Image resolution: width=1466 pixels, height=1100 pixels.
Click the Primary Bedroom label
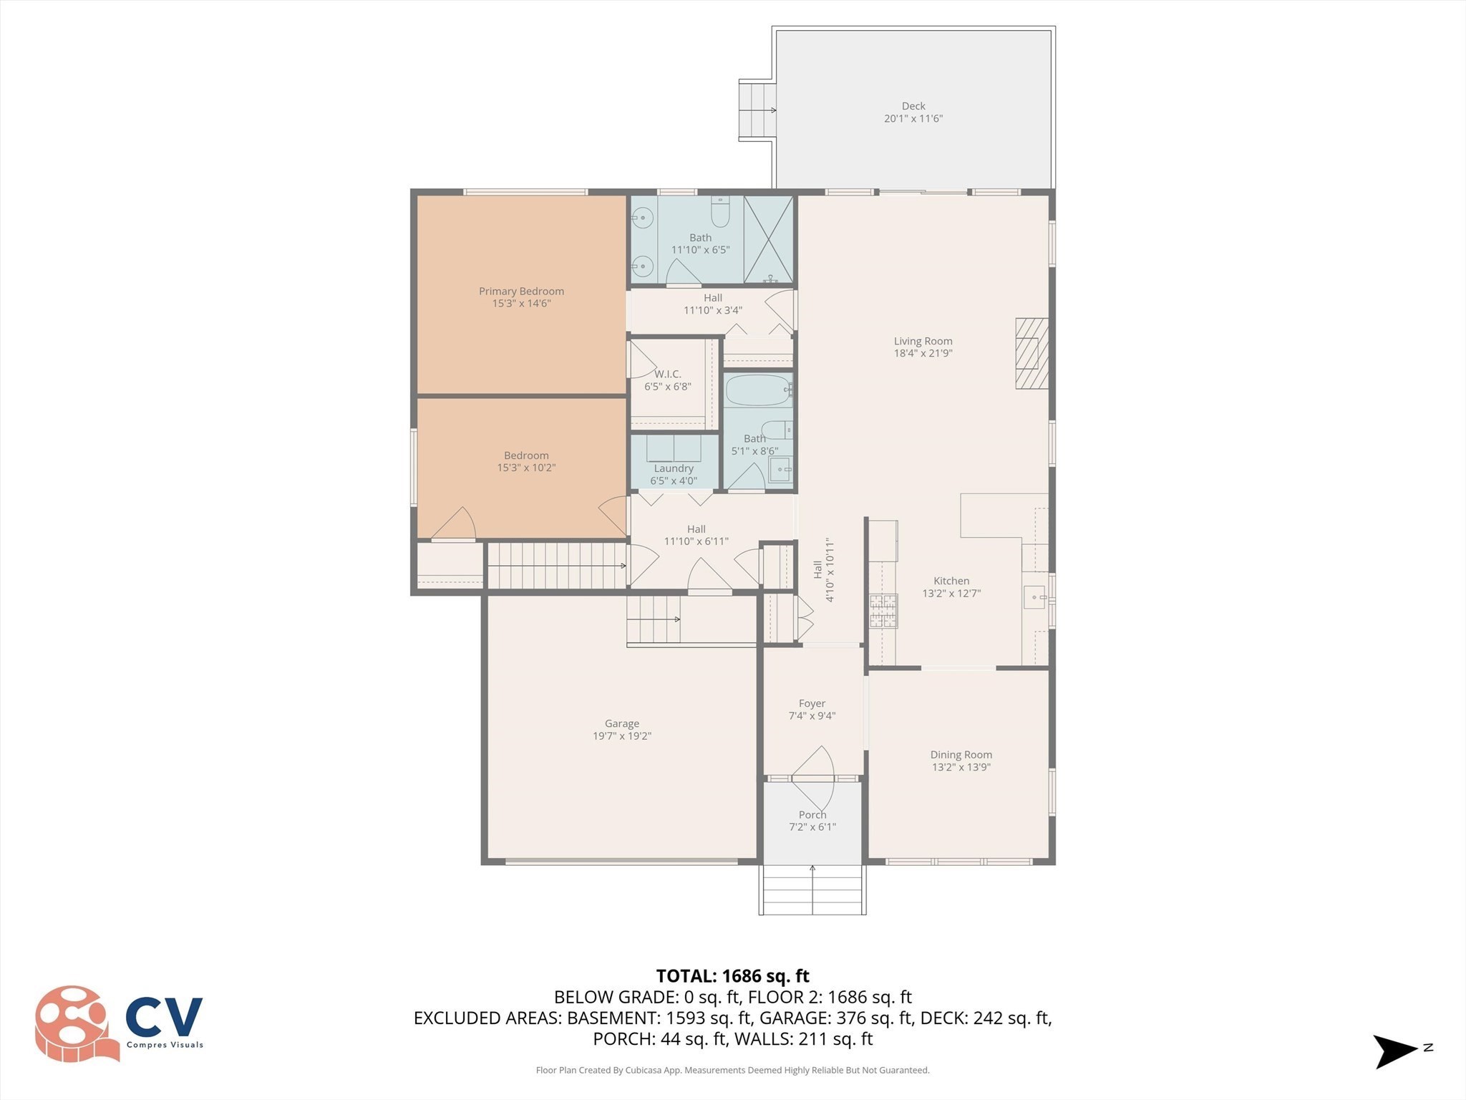click(x=521, y=291)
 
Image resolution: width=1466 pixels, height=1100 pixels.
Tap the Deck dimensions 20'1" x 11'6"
click(x=913, y=119)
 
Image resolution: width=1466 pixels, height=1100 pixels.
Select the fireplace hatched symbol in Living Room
click(x=1031, y=353)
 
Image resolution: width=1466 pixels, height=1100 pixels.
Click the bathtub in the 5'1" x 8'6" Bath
click(x=758, y=390)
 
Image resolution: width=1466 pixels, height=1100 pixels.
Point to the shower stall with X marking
click(x=768, y=239)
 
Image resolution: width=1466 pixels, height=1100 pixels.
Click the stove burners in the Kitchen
click(x=883, y=610)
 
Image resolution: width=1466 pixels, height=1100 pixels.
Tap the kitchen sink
click(x=1034, y=597)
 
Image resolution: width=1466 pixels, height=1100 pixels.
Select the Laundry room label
click(x=673, y=468)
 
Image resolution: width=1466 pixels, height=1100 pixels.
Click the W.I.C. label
click(x=667, y=374)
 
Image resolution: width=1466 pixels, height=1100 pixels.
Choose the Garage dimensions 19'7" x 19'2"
click(x=621, y=736)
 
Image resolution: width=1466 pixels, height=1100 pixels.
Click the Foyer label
click(x=812, y=703)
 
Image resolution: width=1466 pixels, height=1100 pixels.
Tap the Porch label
click(x=812, y=814)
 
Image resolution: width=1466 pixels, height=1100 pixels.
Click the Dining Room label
click(x=961, y=754)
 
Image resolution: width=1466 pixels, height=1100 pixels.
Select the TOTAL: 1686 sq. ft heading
click(x=732, y=976)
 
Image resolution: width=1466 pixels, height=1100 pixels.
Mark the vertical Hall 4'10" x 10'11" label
click(x=823, y=569)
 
